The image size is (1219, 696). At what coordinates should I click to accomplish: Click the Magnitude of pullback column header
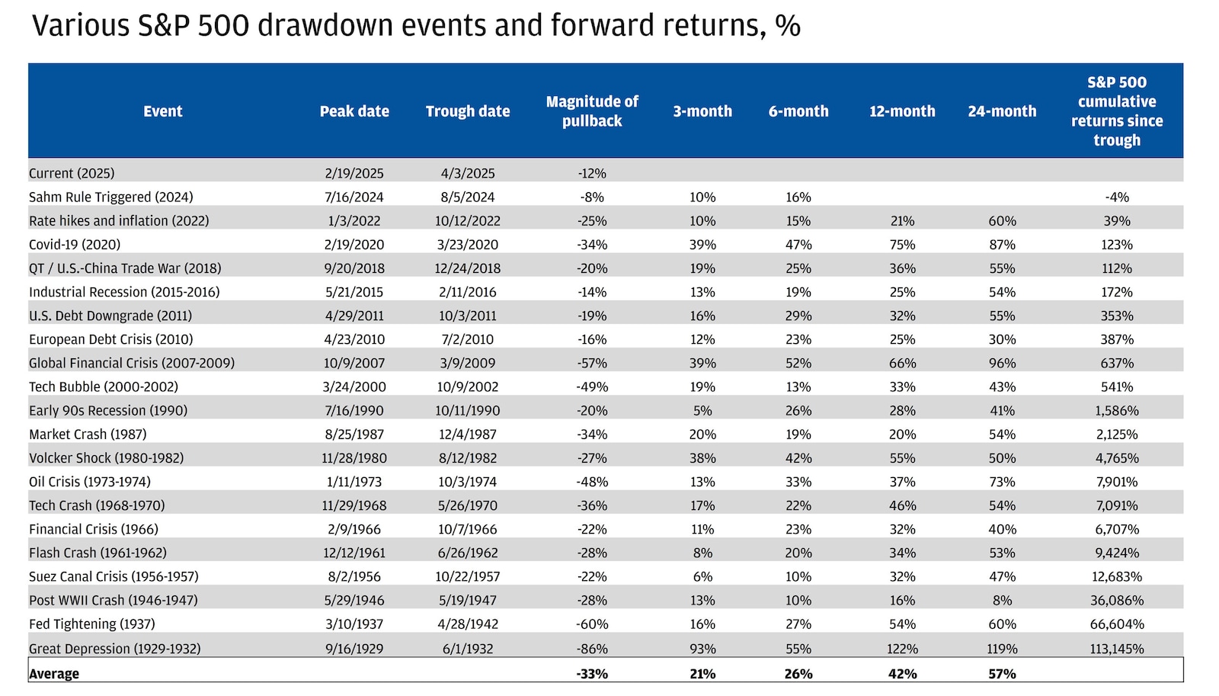click(x=592, y=111)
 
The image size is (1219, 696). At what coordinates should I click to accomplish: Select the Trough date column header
click(x=467, y=111)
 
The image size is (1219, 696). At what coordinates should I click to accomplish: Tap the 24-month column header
click(x=1002, y=111)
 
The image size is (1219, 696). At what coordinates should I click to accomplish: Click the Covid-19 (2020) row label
click(x=75, y=245)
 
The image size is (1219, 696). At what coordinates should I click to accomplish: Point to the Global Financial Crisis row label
click(x=132, y=363)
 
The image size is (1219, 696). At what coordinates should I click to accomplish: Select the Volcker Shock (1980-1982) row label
click(x=106, y=458)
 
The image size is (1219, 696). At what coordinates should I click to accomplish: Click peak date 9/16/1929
click(x=354, y=649)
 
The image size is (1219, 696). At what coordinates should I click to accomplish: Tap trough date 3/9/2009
click(x=467, y=363)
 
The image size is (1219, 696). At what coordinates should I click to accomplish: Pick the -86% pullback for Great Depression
click(x=592, y=649)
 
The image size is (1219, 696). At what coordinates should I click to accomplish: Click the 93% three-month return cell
click(x=702, y=649)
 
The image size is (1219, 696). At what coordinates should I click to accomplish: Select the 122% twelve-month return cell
click(x=902, y=649)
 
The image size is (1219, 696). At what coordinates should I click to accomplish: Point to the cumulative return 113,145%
click(x=1117, y=649)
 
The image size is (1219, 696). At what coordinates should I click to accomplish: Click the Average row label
click(x=54, y=674)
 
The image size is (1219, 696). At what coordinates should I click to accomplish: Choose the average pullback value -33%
click(x=592, y=674)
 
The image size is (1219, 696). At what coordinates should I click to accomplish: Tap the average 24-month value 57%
click(x=1002, y=674)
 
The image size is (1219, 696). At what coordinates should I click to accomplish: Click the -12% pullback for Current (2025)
click(x=592, y=173)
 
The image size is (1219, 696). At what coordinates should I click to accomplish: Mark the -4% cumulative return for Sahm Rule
click(x=1117, y=197)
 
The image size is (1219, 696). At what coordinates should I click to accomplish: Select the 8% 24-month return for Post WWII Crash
click(x=1002, y=600)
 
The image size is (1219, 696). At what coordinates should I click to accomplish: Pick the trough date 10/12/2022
click(x=467, y=221)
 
